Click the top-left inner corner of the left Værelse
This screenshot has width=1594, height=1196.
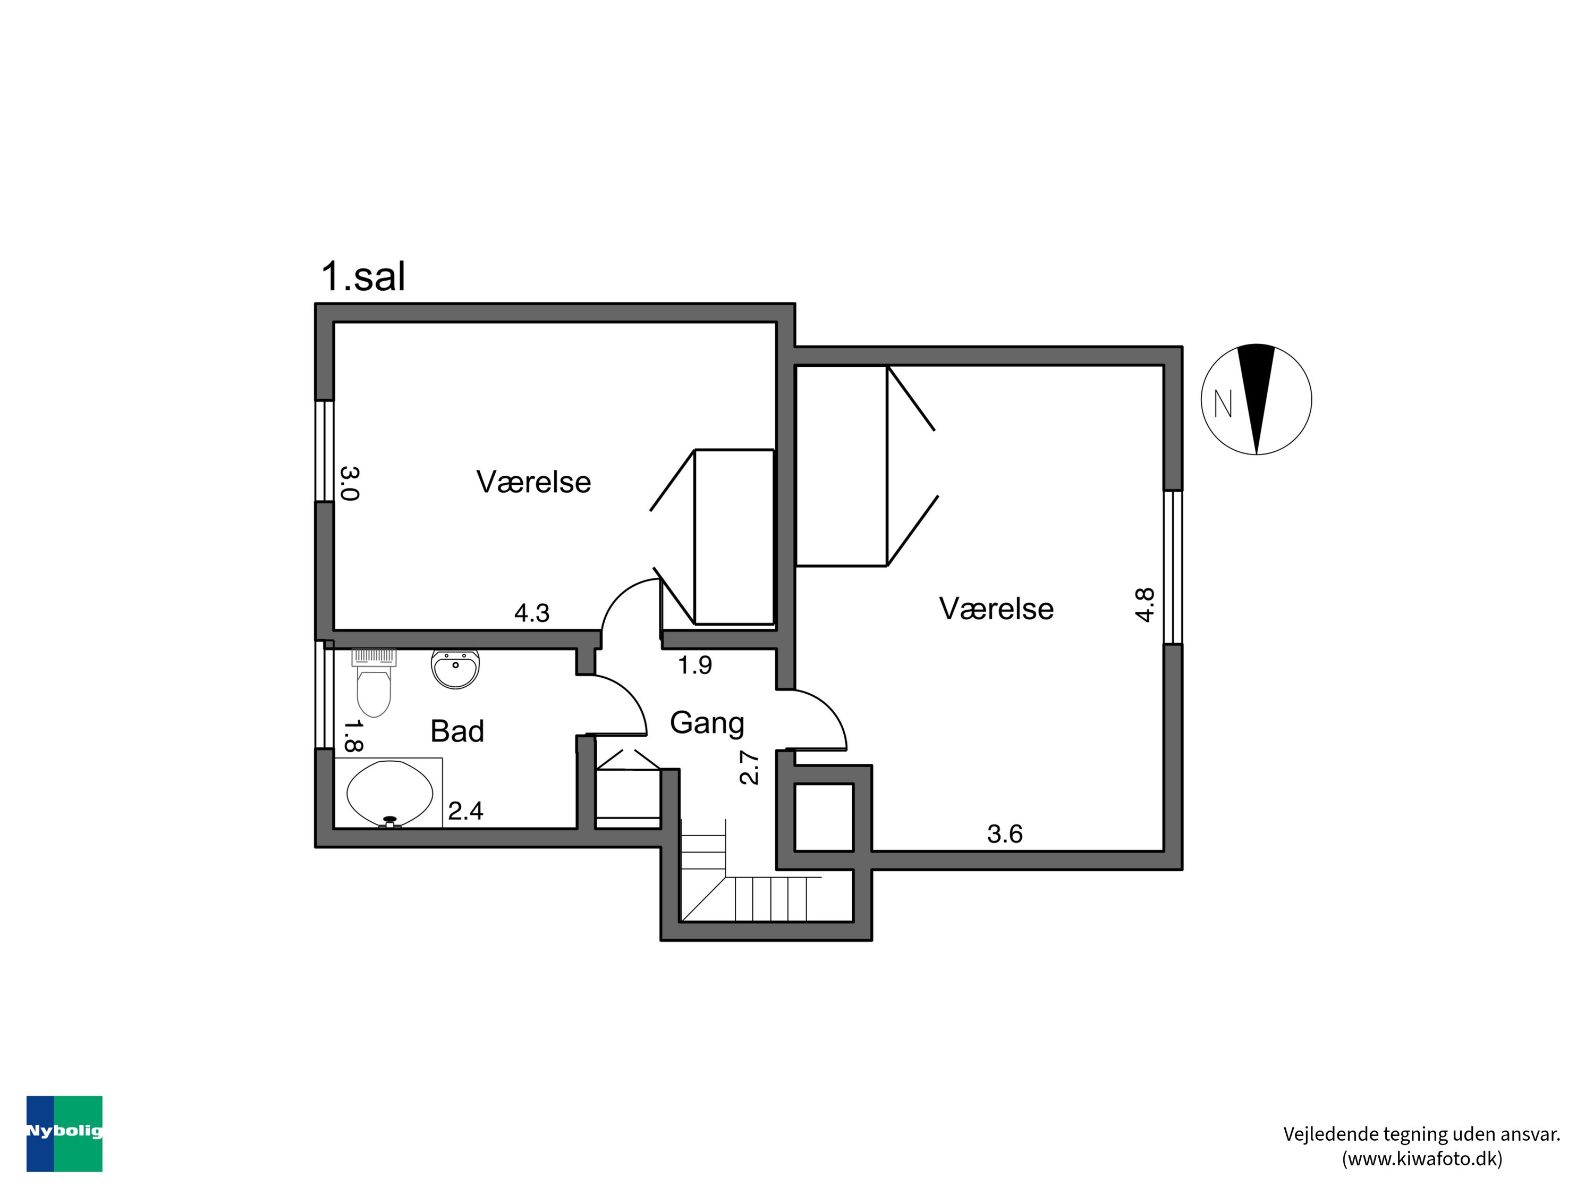[334, 322]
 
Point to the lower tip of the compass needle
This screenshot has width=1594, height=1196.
[1257, 454]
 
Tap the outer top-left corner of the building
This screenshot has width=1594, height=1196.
[316, 304]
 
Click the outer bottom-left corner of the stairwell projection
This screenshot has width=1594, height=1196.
[661, 940]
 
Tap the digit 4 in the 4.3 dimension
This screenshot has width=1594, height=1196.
[522, 613]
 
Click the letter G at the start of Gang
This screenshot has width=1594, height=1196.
[680, 722]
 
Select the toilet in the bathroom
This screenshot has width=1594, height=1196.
[374, 683]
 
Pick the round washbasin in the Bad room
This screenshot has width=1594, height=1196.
[455, 668]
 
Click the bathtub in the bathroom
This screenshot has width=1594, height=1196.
[389, 793]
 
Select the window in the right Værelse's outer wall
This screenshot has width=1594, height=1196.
[1173, 567]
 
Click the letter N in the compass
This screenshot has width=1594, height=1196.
[1223, 403]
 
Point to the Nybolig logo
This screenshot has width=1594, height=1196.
[64, 1134]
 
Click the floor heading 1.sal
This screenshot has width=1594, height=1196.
[363, 276]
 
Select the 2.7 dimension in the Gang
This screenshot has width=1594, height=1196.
[749, 767]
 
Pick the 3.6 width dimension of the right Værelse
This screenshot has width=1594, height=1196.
[1005, 834]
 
